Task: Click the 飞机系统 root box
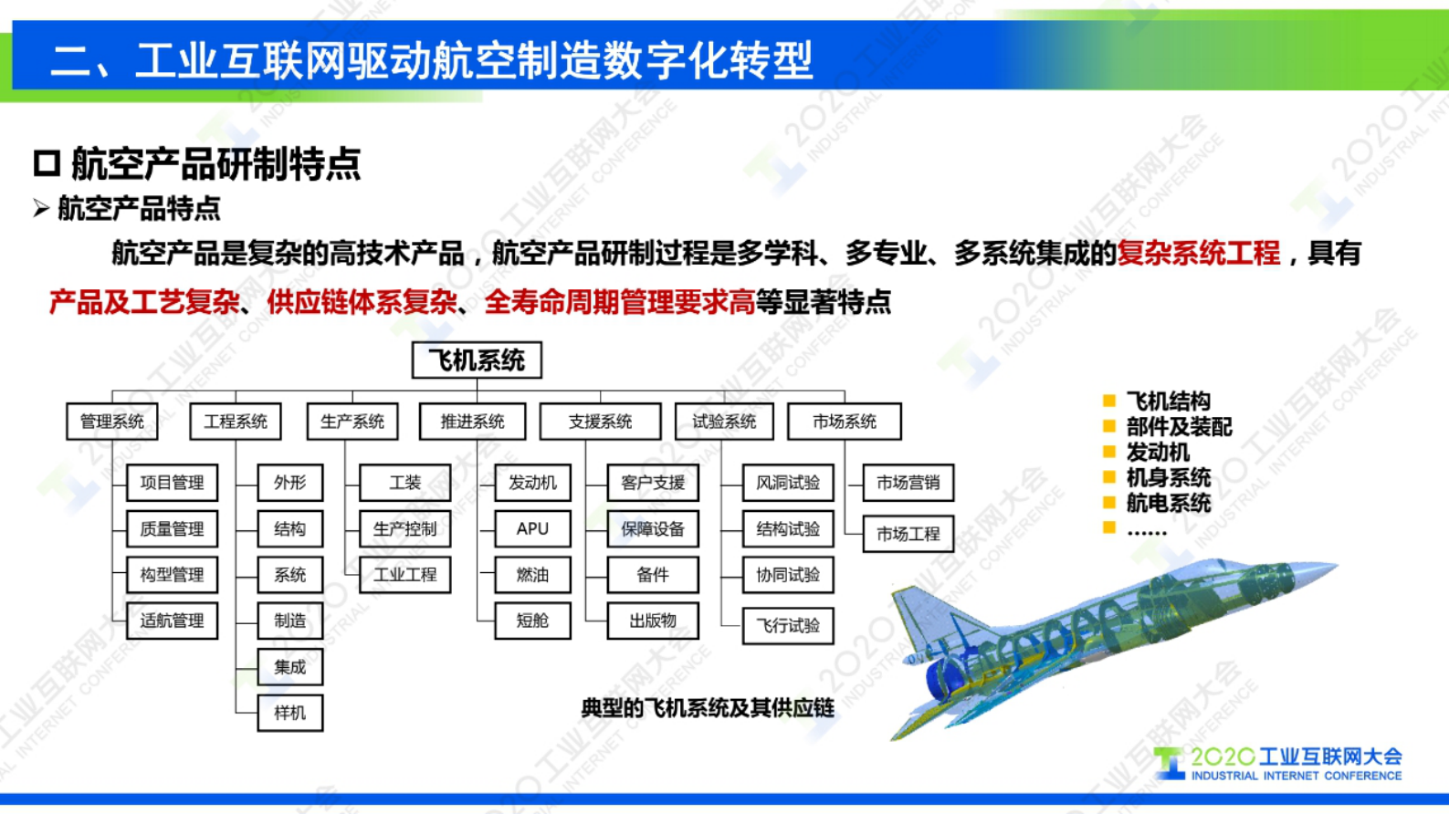[x=477, y=360]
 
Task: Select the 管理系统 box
[x=112, y=422]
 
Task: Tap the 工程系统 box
[x=236, y=422]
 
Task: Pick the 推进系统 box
[x=472, y=422]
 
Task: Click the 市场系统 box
[x=844, y=422]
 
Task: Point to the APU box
[x=532, y=529]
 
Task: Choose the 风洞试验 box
[x=788, y=483]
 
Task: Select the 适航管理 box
[x=172, y=621]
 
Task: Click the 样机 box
[x=289, y=713]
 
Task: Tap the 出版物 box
[x=653, y=621]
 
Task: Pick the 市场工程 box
[x=908, y=535]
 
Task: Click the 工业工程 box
[x=404, y=575]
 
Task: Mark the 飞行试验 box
[x=788, y=626]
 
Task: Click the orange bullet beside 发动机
[x=1109, y=452]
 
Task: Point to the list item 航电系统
[x=1168, y=503]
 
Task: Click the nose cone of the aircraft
[x=1324, y=571]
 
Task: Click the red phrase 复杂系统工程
[x=1198, y=254]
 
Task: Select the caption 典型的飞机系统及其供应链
[x=708, y=708]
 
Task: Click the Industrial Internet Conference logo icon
[x=1170, y=763]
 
